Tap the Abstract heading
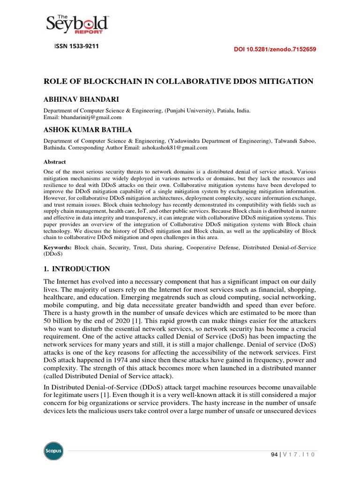[x=55, y=161]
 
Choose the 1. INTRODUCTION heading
[x=77, y=269]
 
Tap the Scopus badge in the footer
[x=53, y=451]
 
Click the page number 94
[x=275, y=455]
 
